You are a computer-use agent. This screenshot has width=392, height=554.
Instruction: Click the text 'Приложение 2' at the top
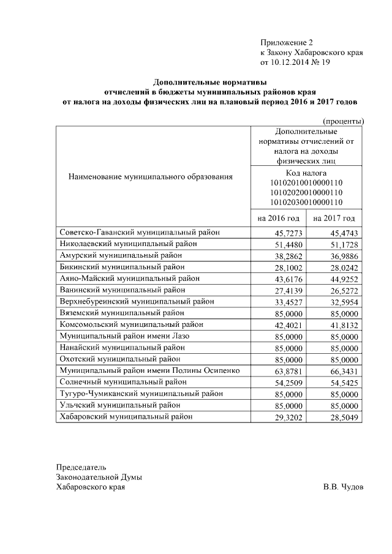pyautogui.click(x=286, y=43)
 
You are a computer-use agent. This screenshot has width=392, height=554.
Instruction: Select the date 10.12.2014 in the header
pyautogui.click(x=290, y=62)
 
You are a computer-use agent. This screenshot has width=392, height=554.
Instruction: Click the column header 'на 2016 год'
pyautogui.click(x=279, y=218)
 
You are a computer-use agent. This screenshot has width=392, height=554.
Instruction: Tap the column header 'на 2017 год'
pyautogui.click(x=334, y=218)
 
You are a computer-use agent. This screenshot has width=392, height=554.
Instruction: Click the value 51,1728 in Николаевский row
pyautogui.click(x=344, y=244)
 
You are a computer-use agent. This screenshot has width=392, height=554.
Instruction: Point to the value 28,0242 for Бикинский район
pyautogui.click(x=344, y=268)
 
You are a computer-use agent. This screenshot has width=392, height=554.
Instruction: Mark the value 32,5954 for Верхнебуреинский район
pyautogui.click(x=344, y=302)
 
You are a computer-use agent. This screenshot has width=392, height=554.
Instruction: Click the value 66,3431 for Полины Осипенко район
pyautogui.click(x=344, y=372)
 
